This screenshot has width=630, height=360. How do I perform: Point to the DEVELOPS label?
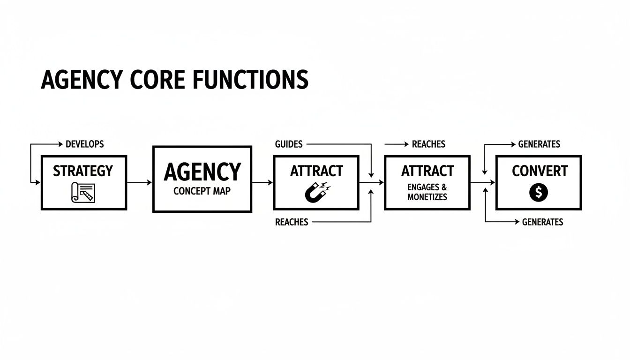coord(84,144)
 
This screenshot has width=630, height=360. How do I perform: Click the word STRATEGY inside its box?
coord(83,171)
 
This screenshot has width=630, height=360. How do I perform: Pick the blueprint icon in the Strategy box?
coord(83,192)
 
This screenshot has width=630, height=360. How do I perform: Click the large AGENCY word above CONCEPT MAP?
coord(202,172)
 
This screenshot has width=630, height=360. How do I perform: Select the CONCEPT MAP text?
coord(202,191)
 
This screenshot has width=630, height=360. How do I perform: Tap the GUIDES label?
coord(289,144)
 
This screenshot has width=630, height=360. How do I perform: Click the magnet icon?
coord(316,192)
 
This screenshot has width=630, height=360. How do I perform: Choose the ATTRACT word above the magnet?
coord(316,171)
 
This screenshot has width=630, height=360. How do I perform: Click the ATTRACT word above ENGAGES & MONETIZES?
coord(427,171)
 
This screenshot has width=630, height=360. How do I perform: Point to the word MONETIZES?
coord(427,197)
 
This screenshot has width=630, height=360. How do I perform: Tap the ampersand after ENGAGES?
coord(444,187)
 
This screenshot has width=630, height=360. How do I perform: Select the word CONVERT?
coord(540,171)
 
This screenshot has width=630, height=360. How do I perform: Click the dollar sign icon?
coord(539,192)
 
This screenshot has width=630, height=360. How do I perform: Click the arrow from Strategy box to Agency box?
coord(140,182)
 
